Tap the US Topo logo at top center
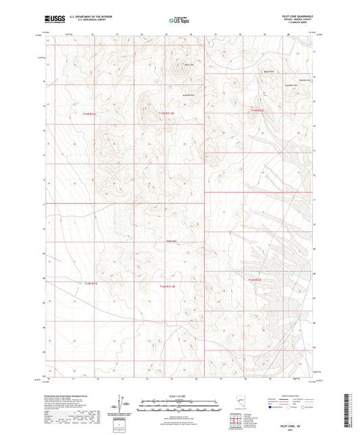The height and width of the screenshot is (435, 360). point(179,21)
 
